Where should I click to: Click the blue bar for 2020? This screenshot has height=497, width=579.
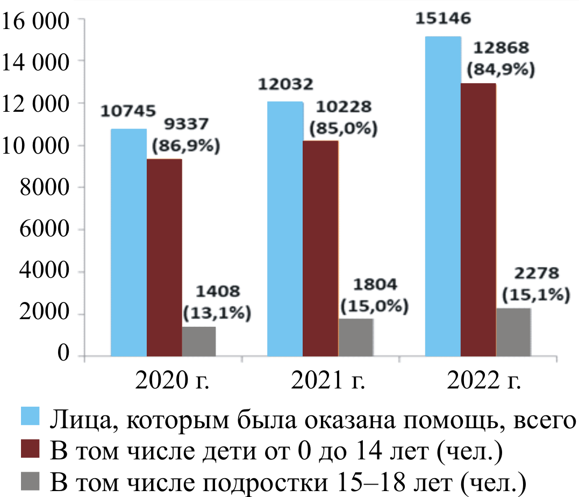[128, 242]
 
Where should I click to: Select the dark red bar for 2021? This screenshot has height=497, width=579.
[320, 248]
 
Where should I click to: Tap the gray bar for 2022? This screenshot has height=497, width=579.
[513, 332]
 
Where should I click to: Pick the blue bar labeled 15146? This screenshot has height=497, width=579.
[443, 196]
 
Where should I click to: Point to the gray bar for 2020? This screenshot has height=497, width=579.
[198, 341]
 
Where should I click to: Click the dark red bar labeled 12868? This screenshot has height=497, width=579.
[478, 219]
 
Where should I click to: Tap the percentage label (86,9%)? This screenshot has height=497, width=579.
[186, 146]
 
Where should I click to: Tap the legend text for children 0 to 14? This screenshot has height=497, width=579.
[276, 450]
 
